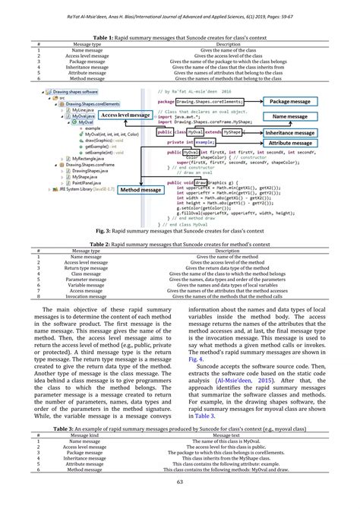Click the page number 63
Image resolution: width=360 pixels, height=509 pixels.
click(x=180, y=501)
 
